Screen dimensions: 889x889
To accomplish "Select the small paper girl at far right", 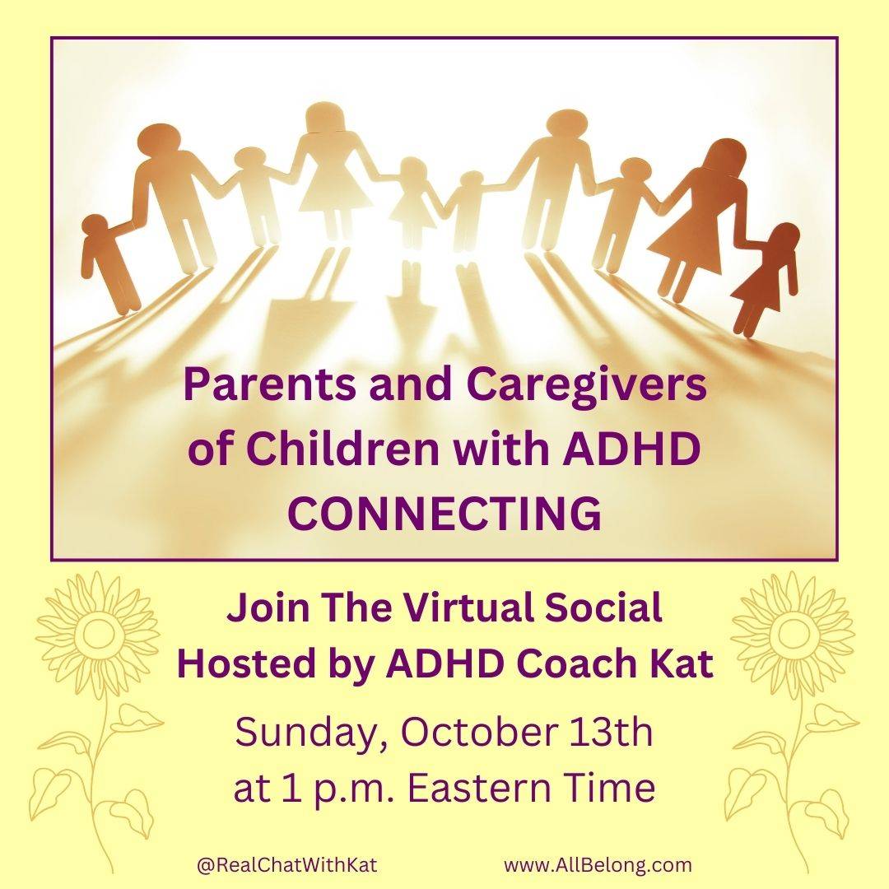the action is click(766, 279).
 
